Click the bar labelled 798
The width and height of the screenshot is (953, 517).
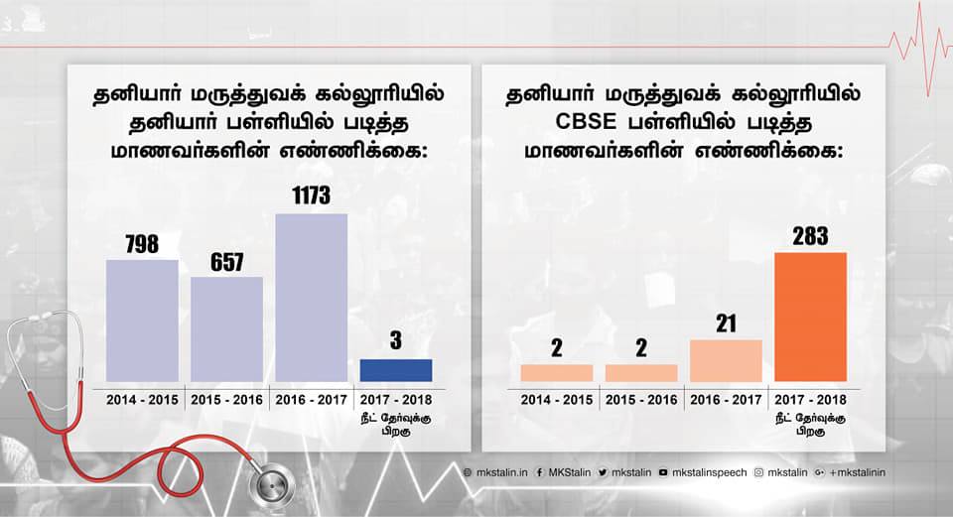click(142, 321)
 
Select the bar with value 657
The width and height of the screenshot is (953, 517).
click(226, 328)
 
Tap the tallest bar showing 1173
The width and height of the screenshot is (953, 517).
click(311, 298)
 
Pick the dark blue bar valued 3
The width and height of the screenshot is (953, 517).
click(395, 370)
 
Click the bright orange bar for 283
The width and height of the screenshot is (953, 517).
click(810, 317)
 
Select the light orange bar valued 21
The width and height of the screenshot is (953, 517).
click(726, 360)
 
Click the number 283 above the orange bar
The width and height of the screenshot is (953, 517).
click(810, 236)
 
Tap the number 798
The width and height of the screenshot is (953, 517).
click(142, 244)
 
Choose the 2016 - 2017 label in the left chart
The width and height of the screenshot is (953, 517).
click(311, 399)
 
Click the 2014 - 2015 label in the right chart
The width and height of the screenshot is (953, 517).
click(557, 399)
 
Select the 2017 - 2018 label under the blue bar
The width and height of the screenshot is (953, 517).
click(395, 399)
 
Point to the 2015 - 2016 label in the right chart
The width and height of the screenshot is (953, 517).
click(641, 399)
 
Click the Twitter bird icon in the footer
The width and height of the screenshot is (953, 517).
click(602, 472)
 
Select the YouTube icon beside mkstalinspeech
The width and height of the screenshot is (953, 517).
click(662, 472)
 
